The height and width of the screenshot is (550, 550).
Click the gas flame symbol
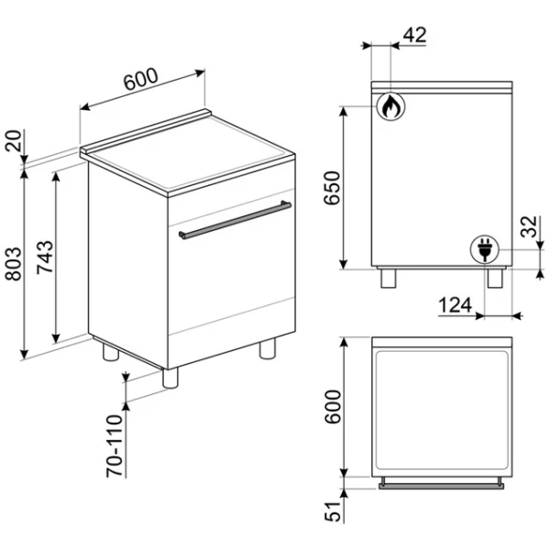tap(390, 106)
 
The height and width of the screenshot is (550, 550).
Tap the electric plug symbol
tap(485, 249)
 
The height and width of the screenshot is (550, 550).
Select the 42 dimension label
tap(415, 35)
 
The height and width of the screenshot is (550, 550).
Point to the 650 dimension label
tap(332, 188)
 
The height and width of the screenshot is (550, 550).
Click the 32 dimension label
tap(529, 226)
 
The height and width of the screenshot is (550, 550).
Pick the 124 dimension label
tap(455, 305)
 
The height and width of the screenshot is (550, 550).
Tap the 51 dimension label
tap(333, 511)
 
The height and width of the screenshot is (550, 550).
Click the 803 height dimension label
tap(13, 264)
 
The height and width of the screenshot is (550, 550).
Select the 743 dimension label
tap(45, 257)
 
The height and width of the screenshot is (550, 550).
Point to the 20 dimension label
tap(13, 140)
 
